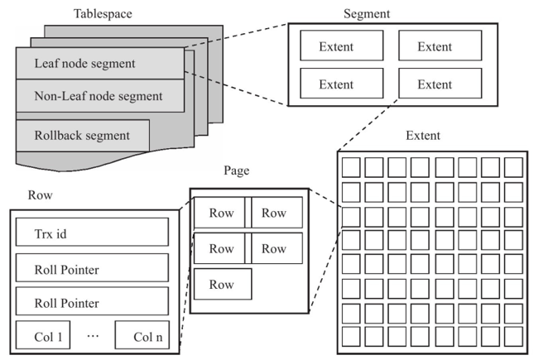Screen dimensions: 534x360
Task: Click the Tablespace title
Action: coord(103,13)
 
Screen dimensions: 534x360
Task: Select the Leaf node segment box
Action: coord(100,64)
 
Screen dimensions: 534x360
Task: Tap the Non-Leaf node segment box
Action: coord(100,96)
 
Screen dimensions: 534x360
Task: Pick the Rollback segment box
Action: coord(83,135)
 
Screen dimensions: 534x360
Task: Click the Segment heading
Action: coord(367,13)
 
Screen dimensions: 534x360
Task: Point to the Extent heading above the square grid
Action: coord(423,135)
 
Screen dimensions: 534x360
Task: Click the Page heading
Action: coord(236,170)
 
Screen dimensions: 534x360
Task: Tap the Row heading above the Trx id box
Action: coord(41,194)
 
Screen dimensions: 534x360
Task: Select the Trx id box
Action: coord(92,232)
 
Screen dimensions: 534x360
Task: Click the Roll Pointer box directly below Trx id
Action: coord(92,267)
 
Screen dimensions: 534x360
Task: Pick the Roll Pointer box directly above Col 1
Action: coord(92,301)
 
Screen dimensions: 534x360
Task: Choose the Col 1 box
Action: coord(43,335)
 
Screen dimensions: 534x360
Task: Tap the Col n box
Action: coord(142,335)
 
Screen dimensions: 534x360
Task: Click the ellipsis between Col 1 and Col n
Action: coord(93,336)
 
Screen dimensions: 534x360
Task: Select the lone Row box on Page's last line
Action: coord(223,284)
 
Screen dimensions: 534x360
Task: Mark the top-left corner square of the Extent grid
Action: coord(351,167)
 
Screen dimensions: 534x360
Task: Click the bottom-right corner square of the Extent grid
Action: coord(513,337)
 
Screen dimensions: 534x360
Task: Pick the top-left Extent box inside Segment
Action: coord(342,46)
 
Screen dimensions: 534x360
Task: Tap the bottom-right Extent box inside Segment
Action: coord(440,83)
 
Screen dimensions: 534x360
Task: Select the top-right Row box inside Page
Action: coord(277,212)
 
